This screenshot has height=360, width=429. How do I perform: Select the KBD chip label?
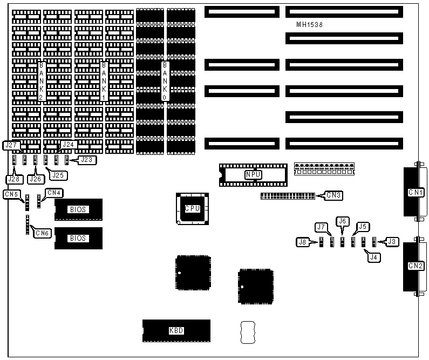pyautogui.click(x=176, y=331)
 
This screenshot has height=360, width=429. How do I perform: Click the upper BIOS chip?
pyautogui.click(x=78, y=209)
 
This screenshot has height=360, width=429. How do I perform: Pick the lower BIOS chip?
pyautogui.click(x=78, y=238)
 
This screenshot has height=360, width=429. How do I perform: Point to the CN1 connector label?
pyautogui.click(x=416, y=193)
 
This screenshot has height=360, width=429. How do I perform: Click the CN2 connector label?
pyautogui.click(x=416, y=266)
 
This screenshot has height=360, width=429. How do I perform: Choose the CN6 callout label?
pyautogui.click(x=40, y=233)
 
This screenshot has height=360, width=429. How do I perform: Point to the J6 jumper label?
pyautogui.click(x=342, y=221)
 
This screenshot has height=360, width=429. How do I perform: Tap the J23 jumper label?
pyautogui.click(x=86, y=159)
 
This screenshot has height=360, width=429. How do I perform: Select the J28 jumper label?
pyautogui.click(x=13, y=178)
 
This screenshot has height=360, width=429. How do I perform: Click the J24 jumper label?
pyautogui.click(x=69, y=144)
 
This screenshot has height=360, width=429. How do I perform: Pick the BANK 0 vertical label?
pyautogui.click(x=165, y=81)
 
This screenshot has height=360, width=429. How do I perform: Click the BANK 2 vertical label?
pyautogui.click(x=42, y=81)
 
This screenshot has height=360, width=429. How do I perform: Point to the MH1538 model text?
pyautogui.click(x=310, y=25)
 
